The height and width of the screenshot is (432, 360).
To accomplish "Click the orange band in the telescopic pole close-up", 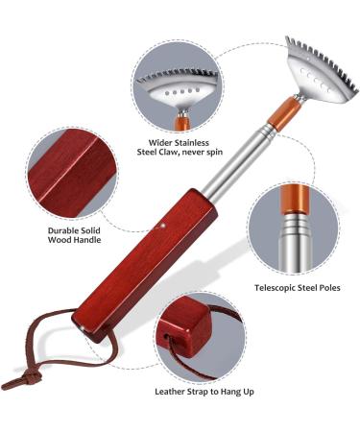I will pos(291,204).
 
